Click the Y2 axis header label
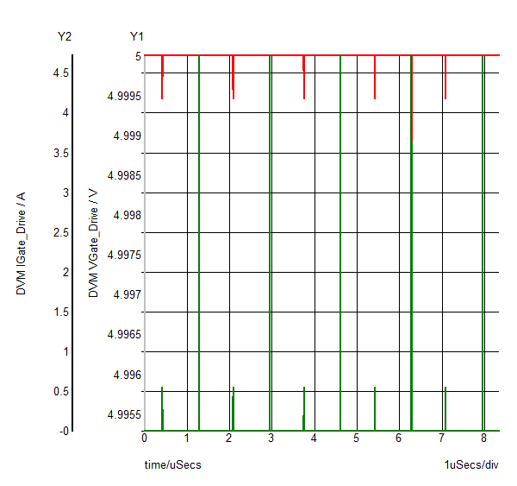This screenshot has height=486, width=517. [65, 36]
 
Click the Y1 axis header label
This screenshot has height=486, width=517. [137, 36]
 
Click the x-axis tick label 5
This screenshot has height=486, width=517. [357, 438]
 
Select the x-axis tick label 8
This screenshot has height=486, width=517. [484, 438]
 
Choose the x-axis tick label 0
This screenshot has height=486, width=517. [145, 438]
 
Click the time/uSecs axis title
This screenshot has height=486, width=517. [172, 464]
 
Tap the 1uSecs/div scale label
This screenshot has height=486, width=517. [471, 464]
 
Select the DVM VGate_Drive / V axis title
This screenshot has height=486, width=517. [94, 244]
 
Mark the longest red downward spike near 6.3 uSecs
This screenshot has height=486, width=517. [412, 104]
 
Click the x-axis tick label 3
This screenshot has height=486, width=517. [271, 438]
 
